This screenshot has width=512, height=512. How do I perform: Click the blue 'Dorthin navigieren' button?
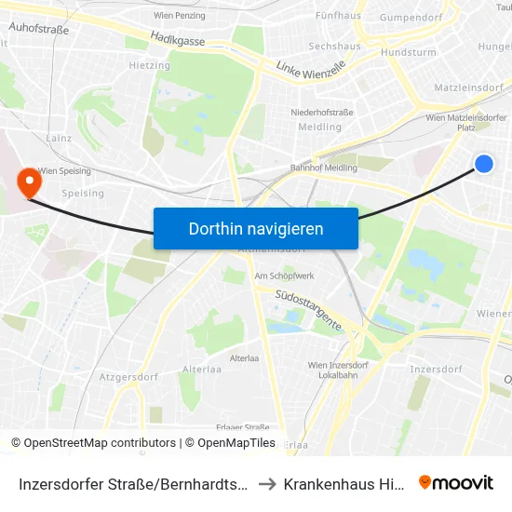[255, 228]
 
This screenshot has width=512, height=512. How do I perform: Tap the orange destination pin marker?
[30, 179]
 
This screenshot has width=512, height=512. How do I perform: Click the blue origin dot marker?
[484, 164]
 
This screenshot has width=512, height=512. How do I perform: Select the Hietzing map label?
[149, 66]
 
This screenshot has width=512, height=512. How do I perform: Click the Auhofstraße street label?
[38, 29]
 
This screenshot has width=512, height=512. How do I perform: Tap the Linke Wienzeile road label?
[312, 68]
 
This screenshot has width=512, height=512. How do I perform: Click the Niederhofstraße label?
[322, 112]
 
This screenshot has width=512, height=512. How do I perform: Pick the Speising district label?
[82, 194]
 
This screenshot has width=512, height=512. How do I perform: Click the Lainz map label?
[58, 138]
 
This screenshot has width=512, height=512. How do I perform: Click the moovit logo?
[455, 483]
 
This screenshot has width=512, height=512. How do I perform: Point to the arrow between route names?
[266, 484]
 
